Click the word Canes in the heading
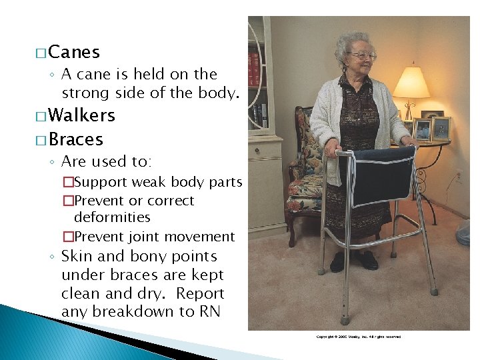(x=74, y=52)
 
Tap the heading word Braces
(x=75, y=139)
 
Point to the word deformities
(x=112, y=217)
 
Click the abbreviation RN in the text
(x=211, y=311)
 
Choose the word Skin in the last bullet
(x=78, y=257)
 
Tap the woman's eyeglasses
(x=361, y=55)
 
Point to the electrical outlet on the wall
(x=458, y=177)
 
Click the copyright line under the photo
(x=358, y=337)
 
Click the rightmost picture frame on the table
(x=441, y=129)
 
